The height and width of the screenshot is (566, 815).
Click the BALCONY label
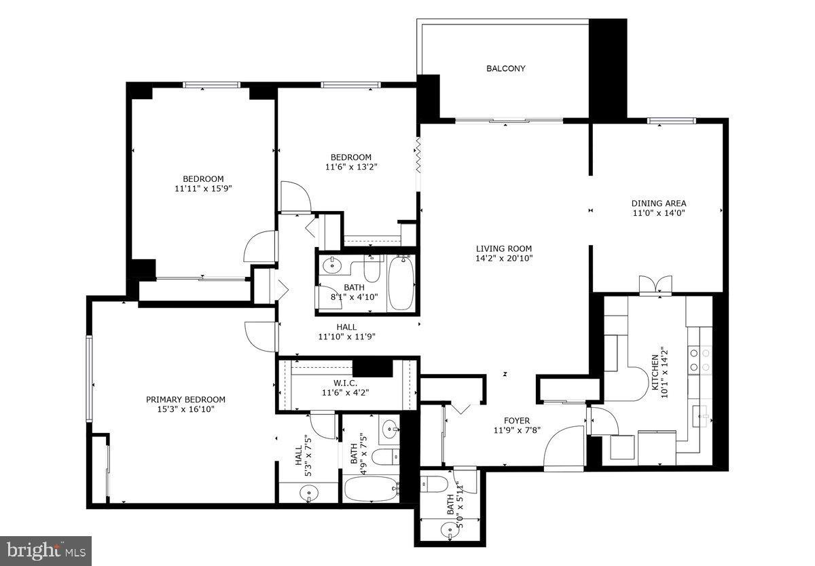tap(505, 69)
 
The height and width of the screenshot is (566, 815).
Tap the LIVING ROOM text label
tap(503, 248)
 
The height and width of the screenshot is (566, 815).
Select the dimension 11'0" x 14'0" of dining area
tap(658, 213)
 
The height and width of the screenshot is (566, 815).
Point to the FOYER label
tap(516, 421)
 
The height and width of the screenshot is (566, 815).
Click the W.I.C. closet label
tap(345, 382)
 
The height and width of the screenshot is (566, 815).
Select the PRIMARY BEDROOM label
tap(185, 400)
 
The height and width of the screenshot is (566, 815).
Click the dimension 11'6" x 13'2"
tap(351, 167)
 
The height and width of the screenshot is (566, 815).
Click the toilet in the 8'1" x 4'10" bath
tap(372, 270)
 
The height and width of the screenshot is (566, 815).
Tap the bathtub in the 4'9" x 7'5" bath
tap(371, 489)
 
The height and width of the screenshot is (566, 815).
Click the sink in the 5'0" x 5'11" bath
tap(448, 529)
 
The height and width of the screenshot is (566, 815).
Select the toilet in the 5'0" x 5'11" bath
tap(433, 484)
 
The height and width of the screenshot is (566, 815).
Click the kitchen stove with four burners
tap(700, 360)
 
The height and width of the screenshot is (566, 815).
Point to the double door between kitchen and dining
tap(655, 285)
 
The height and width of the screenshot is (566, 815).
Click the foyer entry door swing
tap(564, 448)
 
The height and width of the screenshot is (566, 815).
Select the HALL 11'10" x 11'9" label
tap(346, 331)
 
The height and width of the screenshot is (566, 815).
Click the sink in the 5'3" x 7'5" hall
tap(310, 494)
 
